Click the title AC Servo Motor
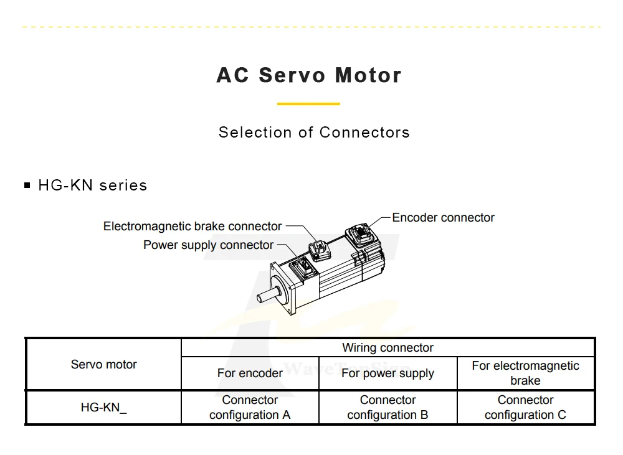[309, 75]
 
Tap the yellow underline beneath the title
[308, 104]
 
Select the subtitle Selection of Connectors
[314, 133]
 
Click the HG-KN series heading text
[93, 185]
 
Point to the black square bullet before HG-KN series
[27, 185]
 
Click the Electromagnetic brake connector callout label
[193, 226]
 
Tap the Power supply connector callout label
[208, 245]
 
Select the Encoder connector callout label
[443, 218]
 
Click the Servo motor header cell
[103, 365]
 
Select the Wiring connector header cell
[388, 348]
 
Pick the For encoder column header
[250, 373]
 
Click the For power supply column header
[388, 373]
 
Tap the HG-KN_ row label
[103, 408]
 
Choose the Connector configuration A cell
[250, 408]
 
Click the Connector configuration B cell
[388, 408]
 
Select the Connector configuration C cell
[525, 408]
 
